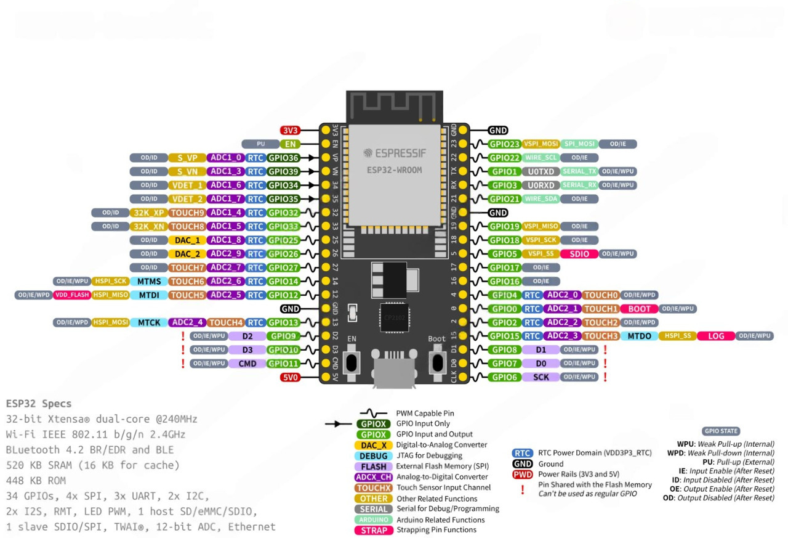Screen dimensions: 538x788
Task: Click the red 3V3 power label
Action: pos(290,131)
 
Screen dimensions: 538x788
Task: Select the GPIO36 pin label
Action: pos(283,158)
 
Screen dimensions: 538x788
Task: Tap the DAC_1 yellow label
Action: pos(187,240)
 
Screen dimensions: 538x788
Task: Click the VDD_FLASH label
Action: pos(72,295)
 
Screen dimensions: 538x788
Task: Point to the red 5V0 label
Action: pos(290,377)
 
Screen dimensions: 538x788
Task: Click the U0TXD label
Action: pos(541,171)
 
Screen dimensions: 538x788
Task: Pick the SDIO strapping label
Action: pos(579,254)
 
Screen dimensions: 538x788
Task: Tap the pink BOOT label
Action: pos(639,309)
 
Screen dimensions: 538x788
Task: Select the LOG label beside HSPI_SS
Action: pos(716,336)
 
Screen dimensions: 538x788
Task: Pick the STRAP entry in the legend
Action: pos(374,530)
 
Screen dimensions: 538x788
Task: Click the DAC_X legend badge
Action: pos(374,445)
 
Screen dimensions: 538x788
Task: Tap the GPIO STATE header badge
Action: pos(720,431)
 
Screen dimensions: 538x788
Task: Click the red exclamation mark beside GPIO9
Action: pos(183,336)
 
